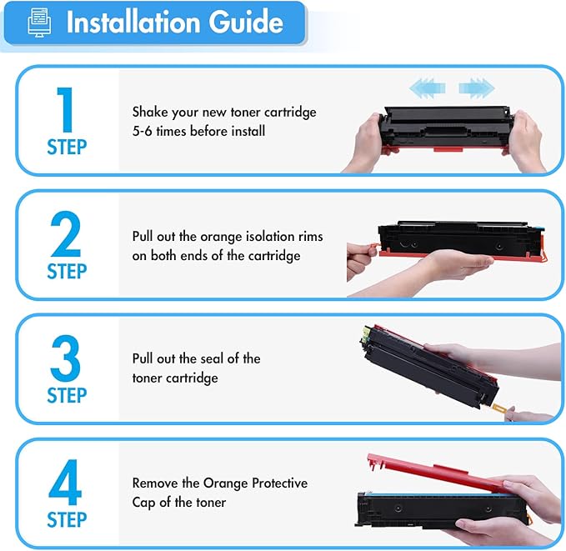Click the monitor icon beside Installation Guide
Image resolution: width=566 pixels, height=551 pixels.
pos(38,23)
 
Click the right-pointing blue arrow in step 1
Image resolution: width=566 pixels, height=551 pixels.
pos(476,86)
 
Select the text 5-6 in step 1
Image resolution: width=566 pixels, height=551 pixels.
pos(144,131)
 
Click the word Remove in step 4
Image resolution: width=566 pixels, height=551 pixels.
pos(155,483)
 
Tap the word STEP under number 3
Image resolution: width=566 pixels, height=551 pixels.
pos(67,396)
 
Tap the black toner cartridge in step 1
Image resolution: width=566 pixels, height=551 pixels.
pos(446,129)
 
